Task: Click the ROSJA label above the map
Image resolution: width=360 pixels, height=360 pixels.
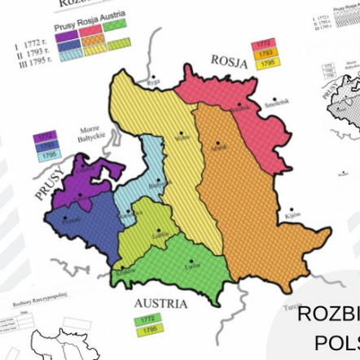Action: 229,61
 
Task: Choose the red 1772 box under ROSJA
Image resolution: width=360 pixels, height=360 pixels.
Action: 264,43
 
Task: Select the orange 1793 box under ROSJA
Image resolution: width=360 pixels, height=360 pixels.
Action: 265,53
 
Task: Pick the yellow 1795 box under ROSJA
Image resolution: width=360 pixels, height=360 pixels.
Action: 266,63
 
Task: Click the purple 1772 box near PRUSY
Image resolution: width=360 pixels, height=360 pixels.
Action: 45,136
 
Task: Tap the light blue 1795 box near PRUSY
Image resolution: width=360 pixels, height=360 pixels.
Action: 48,155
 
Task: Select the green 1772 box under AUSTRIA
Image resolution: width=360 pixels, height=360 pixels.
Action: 147,319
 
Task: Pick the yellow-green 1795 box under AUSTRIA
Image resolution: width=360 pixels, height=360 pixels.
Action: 148,329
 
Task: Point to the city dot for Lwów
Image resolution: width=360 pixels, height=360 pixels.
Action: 191,262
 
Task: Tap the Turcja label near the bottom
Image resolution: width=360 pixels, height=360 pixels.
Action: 292,306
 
